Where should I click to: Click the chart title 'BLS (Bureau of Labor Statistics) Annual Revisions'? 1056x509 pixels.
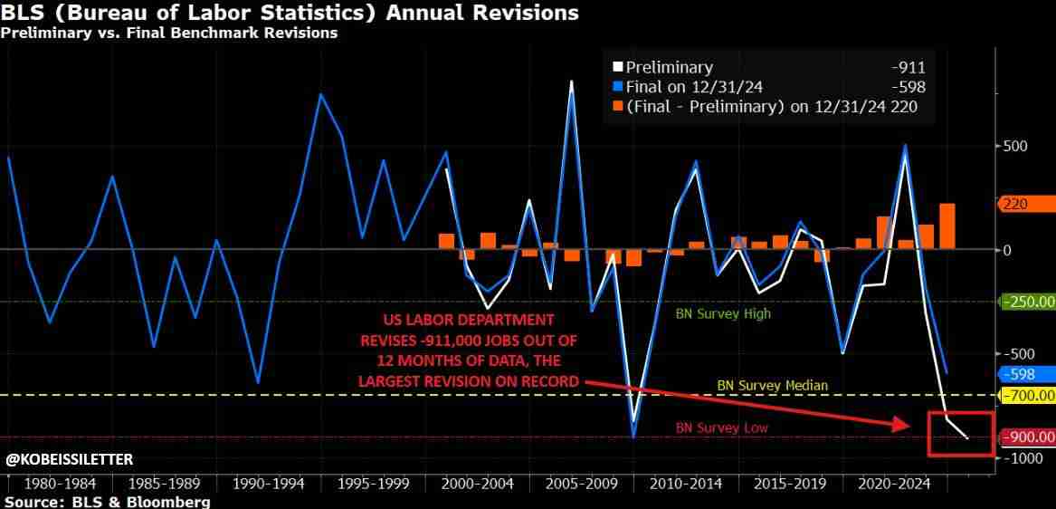(x=290, y=14)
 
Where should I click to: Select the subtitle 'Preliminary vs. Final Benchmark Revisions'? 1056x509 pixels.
(x=169, y=34)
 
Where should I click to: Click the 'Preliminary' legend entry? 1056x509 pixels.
(x=669, y=67)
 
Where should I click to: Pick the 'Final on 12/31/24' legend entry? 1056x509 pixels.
(x=694, y=87)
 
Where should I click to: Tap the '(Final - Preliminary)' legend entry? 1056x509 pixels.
(x=742, y=107)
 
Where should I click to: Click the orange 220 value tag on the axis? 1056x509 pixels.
(x=1024, y=205)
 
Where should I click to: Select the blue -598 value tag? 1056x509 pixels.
(x=1024, y=374)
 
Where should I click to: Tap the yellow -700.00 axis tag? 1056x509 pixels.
(x=1027, y=395)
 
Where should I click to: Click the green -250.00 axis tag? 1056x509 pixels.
(x=1027, y=302)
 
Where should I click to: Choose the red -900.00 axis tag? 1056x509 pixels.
(x=1027, y=437)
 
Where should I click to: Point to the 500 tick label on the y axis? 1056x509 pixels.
(x=1015, y=147)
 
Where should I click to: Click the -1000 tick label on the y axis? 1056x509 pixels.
(x=1020, y=458)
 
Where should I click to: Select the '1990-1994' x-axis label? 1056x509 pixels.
(x=262, y=483)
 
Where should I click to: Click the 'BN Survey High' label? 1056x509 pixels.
(x=723, y=314)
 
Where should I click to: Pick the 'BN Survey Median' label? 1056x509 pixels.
(x=772, y=385)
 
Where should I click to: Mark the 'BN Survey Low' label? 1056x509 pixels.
(x=721, y=427)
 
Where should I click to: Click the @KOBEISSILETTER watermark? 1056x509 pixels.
(x=69, y=460)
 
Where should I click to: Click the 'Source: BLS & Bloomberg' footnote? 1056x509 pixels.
(x=107, y=502)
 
